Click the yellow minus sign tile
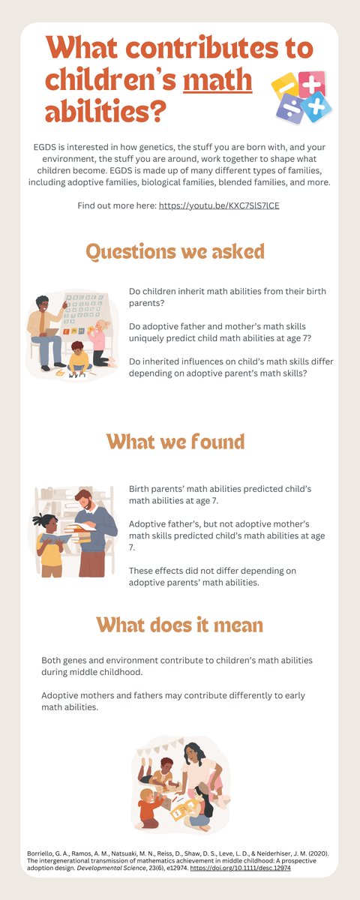[286, 85]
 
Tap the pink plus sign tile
[310, 83]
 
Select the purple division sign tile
[289, 109]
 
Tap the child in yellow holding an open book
[50, 542]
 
